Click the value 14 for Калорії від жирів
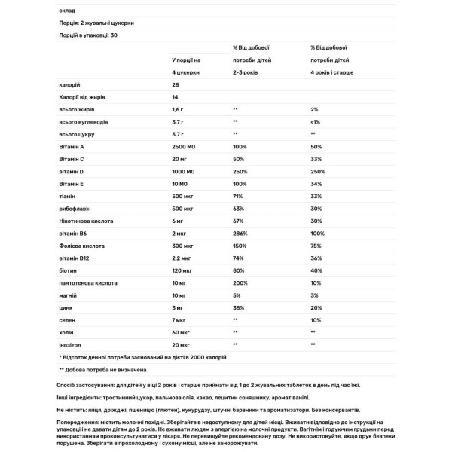[x=176, y=97]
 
